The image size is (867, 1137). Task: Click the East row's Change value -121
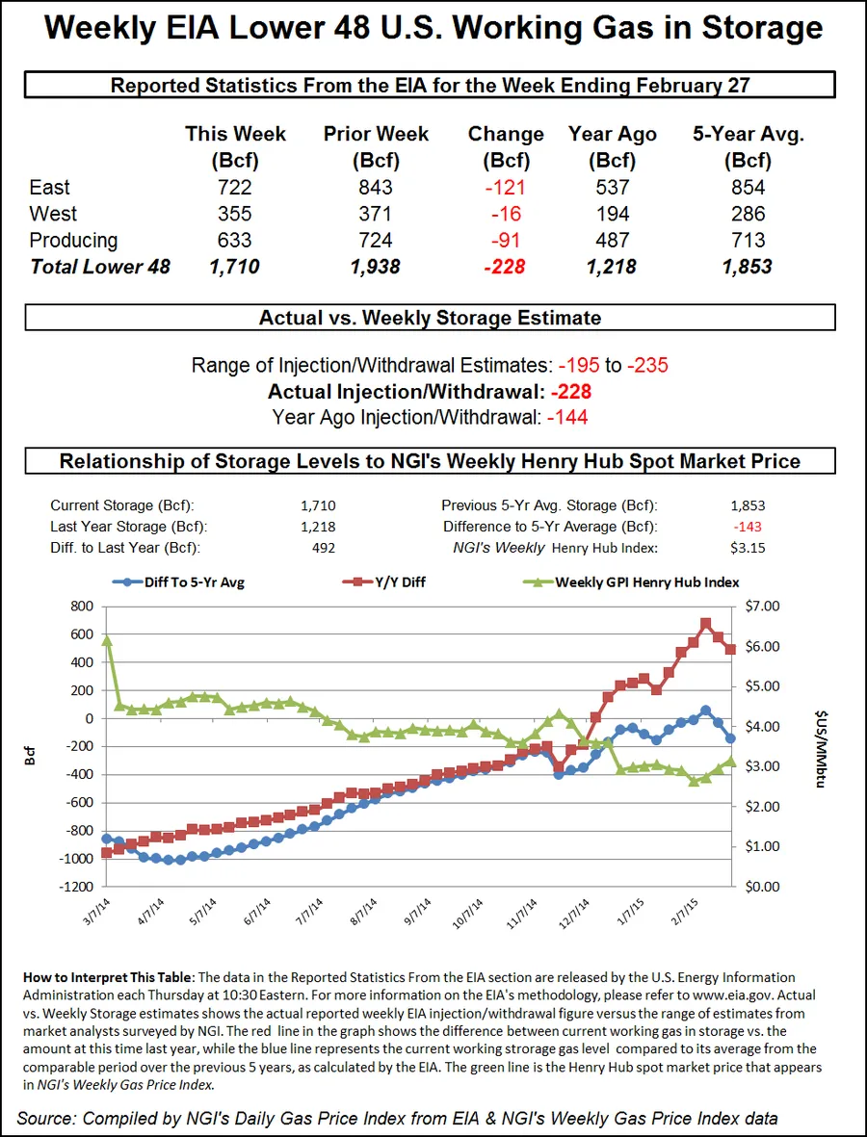506,188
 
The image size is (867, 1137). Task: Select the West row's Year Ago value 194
612,214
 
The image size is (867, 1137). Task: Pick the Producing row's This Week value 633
235,240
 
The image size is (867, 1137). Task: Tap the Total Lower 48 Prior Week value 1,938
376,267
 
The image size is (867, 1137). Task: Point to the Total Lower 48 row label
100,267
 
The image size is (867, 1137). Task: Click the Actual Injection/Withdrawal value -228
571,392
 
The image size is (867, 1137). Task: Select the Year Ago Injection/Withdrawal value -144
567,417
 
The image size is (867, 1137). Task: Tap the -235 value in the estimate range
648,366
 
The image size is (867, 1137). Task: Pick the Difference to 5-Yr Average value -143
747,527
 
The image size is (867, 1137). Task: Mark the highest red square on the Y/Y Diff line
705,624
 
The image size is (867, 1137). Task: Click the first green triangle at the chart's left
106,639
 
